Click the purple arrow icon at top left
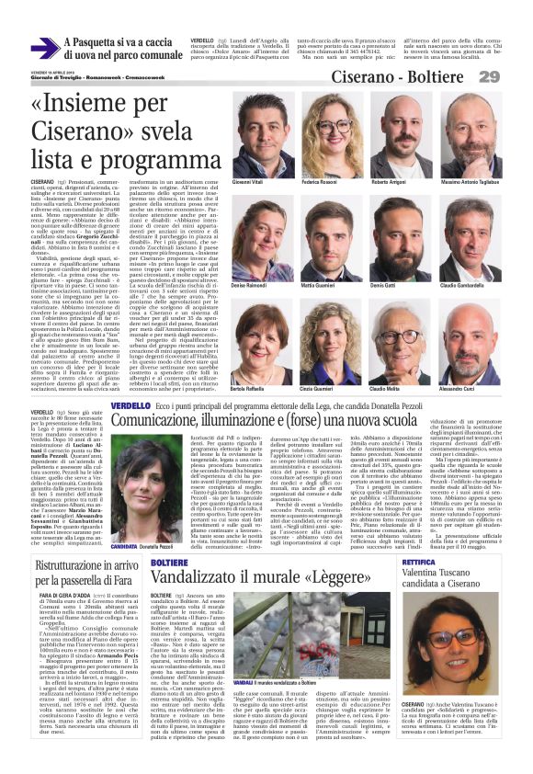[44, 49]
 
